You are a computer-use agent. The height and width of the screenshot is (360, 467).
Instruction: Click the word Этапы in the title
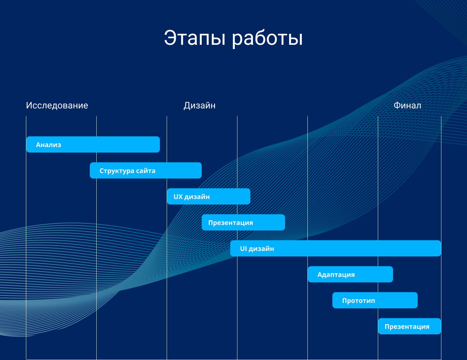click(x=195, y=38)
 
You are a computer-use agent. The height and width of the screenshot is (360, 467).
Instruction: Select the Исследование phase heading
click(x=57, y=106)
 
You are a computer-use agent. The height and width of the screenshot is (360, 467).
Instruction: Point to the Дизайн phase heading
click(x=199, y=106)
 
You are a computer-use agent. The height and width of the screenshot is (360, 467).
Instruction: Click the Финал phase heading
click(x=407, y=106)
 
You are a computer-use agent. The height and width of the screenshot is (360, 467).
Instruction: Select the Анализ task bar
click(x=93, y=144)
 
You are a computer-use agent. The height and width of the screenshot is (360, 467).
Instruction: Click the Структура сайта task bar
click(x=146, y=170)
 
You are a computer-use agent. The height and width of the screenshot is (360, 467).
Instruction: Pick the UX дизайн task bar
click(x=209, y=196)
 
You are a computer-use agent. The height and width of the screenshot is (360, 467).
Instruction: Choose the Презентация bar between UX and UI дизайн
click(x=243, y=222)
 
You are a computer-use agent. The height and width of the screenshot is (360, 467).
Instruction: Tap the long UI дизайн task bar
click(x=335, y=248)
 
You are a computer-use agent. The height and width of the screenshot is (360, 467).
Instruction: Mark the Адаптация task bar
click(x=350, y=274)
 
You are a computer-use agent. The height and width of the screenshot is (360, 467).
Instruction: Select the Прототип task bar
click(x=375, y=300)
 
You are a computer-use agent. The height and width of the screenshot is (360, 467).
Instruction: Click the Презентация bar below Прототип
click(x=410, y=327)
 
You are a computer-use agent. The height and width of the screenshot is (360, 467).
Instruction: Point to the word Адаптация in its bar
click(x=336, y=275)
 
